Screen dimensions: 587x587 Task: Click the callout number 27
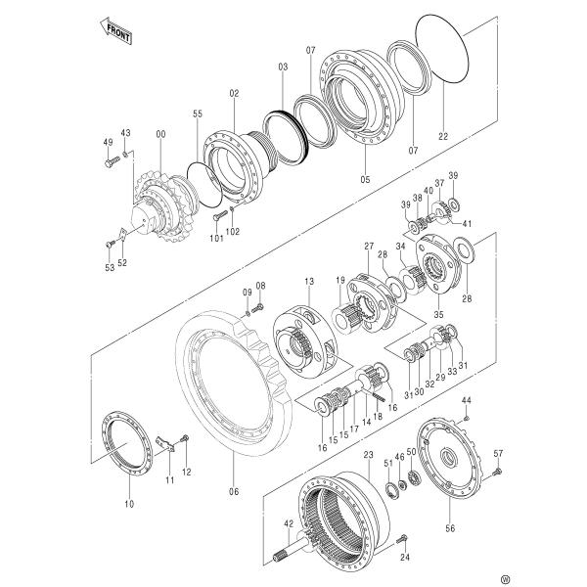pos(369,245)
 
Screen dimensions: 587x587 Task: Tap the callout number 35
pos(438,315)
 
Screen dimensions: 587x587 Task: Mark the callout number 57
pos(498,452)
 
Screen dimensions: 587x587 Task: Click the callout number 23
pos(368,455)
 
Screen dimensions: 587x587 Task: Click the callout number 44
pos(467,401)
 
